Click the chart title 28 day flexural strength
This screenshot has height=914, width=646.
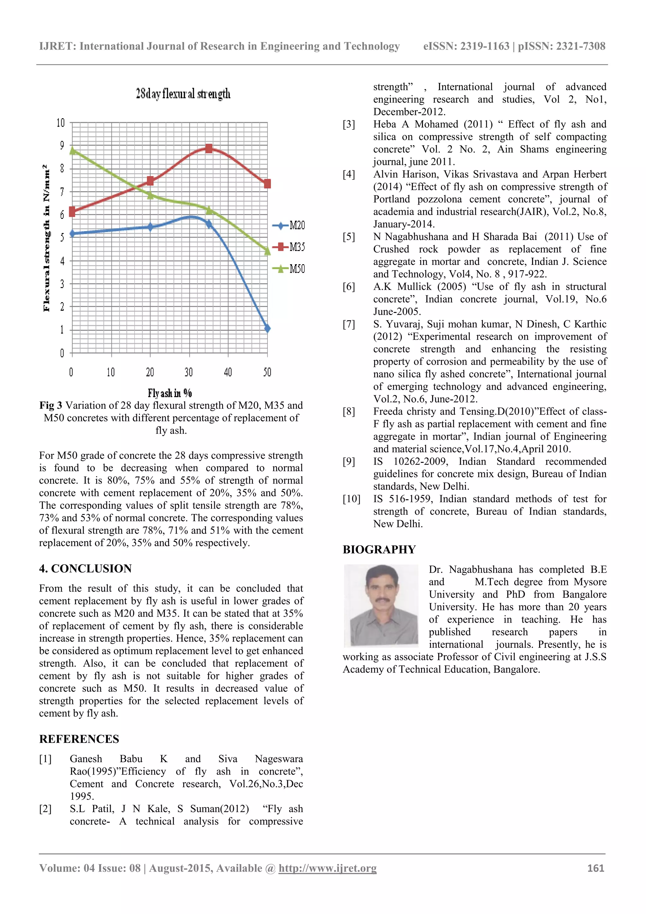point(183,94)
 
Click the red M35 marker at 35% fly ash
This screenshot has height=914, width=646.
point(209,148)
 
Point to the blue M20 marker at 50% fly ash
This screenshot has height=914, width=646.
point(267,328)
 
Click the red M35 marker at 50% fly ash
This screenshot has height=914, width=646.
point(267,183)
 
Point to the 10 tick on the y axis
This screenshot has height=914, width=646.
point(61,122)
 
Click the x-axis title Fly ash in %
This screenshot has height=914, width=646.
point(170,393)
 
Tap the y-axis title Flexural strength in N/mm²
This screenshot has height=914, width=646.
point(47,238)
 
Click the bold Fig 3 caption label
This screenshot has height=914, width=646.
point(50,405)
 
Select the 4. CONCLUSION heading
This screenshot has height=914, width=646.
point(85,569)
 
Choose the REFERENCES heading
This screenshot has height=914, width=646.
point(79,739)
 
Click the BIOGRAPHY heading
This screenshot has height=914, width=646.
point(379,549)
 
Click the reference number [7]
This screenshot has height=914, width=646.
point(349,324)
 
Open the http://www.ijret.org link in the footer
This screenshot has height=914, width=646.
point(327,868)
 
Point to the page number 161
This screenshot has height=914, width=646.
point(596,868)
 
